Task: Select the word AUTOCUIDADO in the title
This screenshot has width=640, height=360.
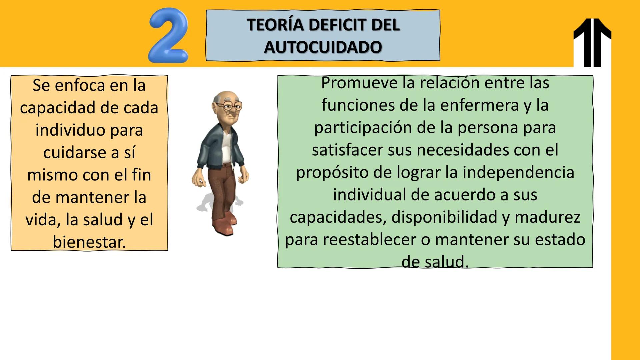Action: [323, 47]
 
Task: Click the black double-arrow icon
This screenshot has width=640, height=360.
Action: [592, 42]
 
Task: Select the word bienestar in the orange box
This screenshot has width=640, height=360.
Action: [89, 242]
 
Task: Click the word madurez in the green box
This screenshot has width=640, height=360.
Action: [547, 217]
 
